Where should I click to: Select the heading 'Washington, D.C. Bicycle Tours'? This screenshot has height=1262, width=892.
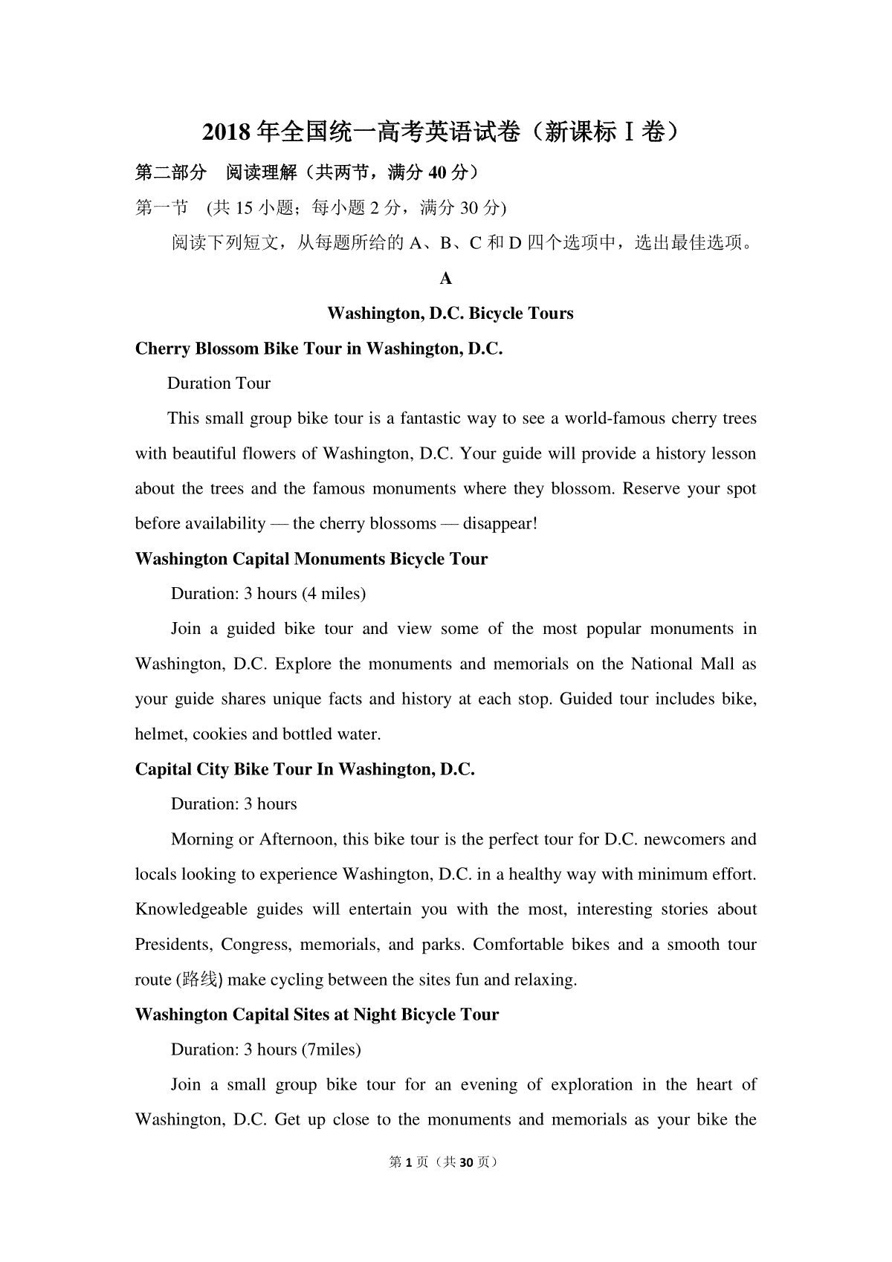tap(450, 313)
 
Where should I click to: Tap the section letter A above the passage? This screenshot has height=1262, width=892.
tap(446, 279)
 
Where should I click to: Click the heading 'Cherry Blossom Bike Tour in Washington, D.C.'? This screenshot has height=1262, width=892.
tap(319, 349)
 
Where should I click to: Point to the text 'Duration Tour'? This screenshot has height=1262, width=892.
tap(219, 384)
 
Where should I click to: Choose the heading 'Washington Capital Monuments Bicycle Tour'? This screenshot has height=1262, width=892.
tap(311, 559)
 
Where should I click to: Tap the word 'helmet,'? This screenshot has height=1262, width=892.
tap(161, 734)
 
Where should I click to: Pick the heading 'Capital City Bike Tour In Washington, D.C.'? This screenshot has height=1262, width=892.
tap(305, 769)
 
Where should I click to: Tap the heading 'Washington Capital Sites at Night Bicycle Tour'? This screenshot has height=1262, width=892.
tap(317, 1015)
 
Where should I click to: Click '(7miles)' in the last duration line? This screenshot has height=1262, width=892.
tap(332, 1049)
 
